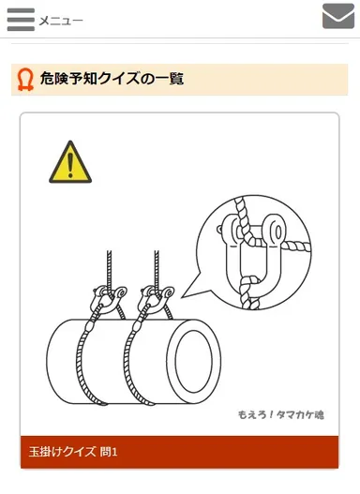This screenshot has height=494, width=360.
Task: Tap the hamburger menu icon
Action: tap(20, 20)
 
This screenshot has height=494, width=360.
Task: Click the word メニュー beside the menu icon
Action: tap(61, 21)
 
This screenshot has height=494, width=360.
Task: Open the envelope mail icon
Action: tap(337, 17)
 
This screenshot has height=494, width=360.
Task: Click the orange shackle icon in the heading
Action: tap(26, 81)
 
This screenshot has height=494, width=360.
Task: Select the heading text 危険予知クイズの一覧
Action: tap(112, 81)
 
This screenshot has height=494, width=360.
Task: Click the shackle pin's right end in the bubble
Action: tap(281, 227)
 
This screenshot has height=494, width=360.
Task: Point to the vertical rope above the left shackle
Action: tap(108, 267)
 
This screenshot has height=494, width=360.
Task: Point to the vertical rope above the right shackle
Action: tap(157, 267)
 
